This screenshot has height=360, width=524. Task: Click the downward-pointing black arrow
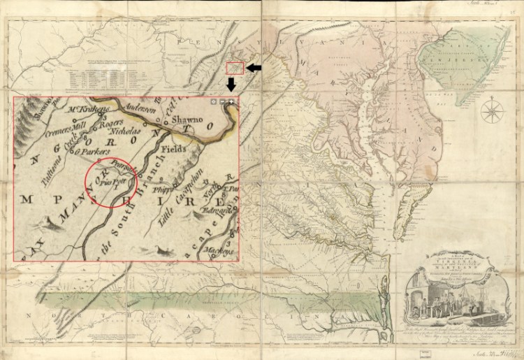pos(231,85)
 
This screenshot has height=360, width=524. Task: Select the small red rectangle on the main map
pos(235,68)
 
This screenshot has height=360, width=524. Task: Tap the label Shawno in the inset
pos(187,120)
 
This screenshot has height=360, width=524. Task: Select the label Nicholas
pos(124,131)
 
